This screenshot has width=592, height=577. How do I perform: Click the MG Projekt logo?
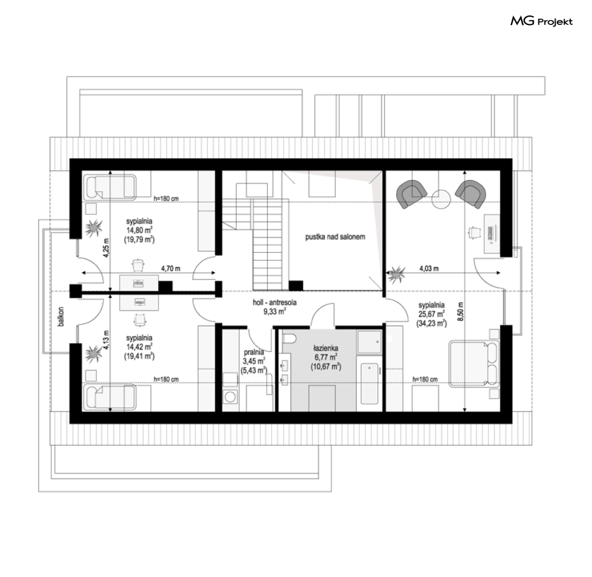click(x=541, y=21)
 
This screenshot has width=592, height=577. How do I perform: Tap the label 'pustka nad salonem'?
click(x=335, y=237)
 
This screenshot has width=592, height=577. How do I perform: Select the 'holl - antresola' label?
click(x=274, y=302)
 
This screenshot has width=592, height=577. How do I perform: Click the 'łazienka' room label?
click(x=325, y=349)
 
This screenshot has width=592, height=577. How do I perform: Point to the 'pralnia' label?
click(x=253, y=353)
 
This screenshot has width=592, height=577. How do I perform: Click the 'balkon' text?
click(x=61, y=316)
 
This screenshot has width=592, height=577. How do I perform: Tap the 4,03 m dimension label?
click(x=429, y=269)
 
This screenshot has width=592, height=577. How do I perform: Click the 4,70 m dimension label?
click(x=171, y=269)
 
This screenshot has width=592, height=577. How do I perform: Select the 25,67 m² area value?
click(x=431, y=314)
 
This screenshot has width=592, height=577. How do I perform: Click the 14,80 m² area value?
click(x=139, y=230)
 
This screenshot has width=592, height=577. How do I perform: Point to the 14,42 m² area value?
click(x=139, y=347)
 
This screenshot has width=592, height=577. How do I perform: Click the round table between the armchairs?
click(x=441, y=199)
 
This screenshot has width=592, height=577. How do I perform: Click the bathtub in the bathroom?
click(x=369, y=384)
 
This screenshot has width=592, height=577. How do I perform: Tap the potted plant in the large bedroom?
click(x=396, y=274)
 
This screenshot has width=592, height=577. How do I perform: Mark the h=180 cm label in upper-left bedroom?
click(x=166, y=199)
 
